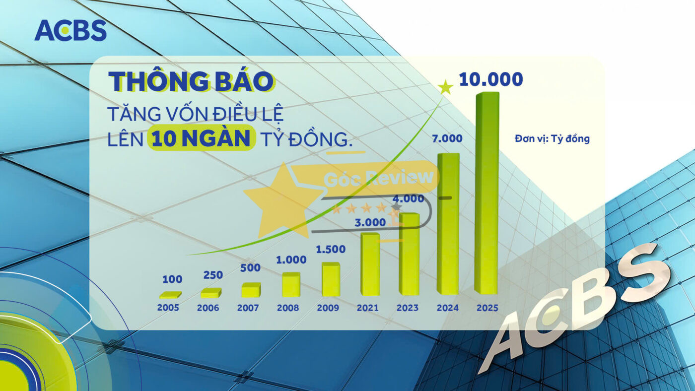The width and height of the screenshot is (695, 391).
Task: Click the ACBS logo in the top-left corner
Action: [70, 30]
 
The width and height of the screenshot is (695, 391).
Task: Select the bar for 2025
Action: [486, 194]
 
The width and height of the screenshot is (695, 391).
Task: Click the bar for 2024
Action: [448, 223]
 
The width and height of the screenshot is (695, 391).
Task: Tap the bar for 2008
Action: [290, 285]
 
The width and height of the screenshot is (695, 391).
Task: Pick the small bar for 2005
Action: [170, 295]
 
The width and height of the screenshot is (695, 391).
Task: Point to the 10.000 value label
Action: [490, 79]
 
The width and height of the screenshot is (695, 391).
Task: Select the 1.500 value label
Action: [331, 249]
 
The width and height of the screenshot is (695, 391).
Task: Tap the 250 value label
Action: [213, 275]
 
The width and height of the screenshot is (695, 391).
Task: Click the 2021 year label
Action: [368, 308]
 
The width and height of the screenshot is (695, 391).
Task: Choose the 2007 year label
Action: [248, 308]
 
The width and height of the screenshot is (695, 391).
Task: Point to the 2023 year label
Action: [408, 308]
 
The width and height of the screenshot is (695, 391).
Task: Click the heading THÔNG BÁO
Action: [191, 82]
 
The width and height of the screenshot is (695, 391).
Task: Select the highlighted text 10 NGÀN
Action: [201, 139]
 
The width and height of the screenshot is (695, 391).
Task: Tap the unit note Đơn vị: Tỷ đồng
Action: [552, 139]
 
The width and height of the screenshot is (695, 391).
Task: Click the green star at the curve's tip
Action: [446, 88]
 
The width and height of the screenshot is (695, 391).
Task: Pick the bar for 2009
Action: [330, 279]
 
